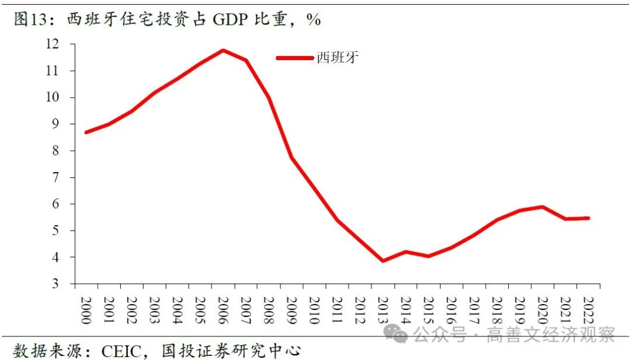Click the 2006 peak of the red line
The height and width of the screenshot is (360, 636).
pos(223,50)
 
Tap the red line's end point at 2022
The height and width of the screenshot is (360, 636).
pos(587,218)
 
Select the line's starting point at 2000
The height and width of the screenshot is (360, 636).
pos(87,132)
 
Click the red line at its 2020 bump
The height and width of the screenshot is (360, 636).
pos(542,207)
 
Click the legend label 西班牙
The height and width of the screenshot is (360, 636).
pos(337,57)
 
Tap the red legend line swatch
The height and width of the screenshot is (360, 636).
pos(296,58)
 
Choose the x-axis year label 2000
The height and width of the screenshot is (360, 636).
pos(87,307)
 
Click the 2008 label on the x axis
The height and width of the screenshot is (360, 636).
pos(269,307)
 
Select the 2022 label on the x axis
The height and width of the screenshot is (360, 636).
pos(587,307)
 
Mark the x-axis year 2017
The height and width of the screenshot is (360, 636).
pos(473,307)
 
